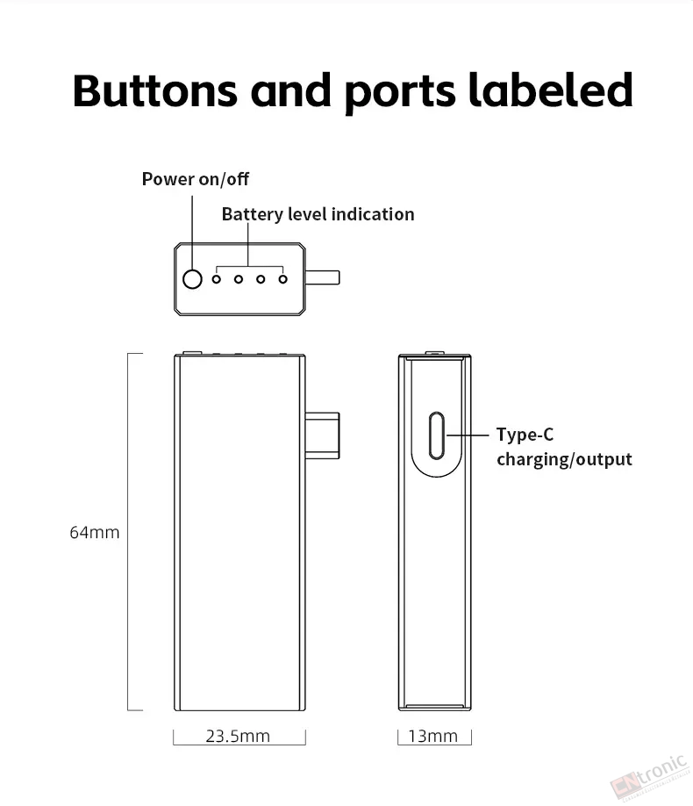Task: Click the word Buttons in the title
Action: [x=154, y=90]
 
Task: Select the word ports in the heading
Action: [x=400, y=93]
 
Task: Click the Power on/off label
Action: [x=196, y=179]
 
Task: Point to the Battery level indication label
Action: [x=318, y=214]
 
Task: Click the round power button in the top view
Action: [x=192, y=279]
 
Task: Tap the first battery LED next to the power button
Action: [x=217, y=279]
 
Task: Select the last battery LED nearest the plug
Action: [x=282, y=279]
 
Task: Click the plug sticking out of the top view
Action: [x=323, y=277]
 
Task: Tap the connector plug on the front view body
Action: [x=323, y=435]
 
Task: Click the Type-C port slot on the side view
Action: [x=436, y=435]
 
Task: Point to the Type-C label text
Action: [x=525, y=435]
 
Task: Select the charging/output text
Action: [x=564, y=459]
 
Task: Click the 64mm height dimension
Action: [x=95, y=532]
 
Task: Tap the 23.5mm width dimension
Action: [x=238, y=736]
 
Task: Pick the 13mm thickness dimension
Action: [x=433, y=736]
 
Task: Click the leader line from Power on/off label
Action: [x=192, y=233]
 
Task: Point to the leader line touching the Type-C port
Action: [x=468, y=435]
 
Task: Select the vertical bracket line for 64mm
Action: [x=128, y=532]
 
